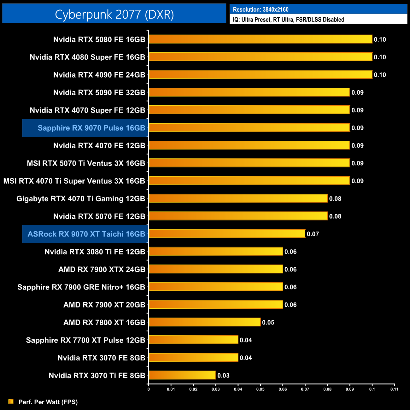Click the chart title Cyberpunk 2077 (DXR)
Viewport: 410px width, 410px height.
(x=114, y=15)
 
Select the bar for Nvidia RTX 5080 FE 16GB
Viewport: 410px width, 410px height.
(x=260, y=39)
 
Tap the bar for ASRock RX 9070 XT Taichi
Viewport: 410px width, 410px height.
(x=227, y=234)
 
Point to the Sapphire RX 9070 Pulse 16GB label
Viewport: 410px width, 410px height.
(x=91, y=128)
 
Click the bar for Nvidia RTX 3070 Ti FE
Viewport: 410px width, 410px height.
(x=182, y=375)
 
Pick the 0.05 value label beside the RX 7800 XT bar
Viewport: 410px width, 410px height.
(x=268, y=322)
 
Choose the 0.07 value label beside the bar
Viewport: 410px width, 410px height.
(x=313, y=234)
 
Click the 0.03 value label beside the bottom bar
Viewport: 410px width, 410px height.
(x=223, y=375)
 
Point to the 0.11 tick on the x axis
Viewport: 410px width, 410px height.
(x=394, y=389)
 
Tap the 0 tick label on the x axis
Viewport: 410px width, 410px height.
(x=149, y=389)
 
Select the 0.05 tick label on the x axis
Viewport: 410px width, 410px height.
(x=260, y=389)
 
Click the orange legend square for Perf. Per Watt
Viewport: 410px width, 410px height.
(x=11, y=401)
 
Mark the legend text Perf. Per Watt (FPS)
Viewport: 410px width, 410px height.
(x=48, y=402)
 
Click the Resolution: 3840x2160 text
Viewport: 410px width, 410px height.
(x=261, y=9)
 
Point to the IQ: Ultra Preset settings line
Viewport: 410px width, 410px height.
(x=288, y=20)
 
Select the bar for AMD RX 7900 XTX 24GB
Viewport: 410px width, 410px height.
(x=216, y=269)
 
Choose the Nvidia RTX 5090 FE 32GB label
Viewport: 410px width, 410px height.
(x=99, y=92)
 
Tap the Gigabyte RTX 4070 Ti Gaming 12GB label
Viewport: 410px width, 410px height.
(x=80, y=199)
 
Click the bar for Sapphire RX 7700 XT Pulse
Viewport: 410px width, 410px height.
(x=193, y=340)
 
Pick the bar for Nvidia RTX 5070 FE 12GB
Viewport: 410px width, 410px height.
(x=238, y=216)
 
